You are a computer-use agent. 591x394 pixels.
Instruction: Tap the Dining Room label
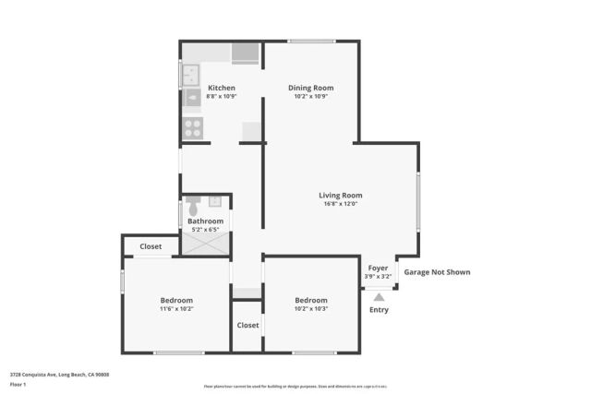click(x=310, y=88)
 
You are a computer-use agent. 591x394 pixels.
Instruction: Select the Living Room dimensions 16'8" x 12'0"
click(x=340, y=204)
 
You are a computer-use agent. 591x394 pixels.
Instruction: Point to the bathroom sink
click(x=215, y=200)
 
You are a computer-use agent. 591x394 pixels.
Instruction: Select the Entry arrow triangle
click(x=379, y=297)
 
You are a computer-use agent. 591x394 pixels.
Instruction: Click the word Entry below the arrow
click(x=379, y=310)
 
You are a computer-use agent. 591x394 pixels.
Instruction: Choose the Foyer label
click(x=379, y=268)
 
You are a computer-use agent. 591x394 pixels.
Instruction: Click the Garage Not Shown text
click(x=437, y=272)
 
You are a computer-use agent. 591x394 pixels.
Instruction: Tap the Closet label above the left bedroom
click(x=151, y=246)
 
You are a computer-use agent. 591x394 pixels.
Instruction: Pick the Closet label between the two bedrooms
click(x=247, y=325)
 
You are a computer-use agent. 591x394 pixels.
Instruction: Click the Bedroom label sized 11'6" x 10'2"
click(x=176, y=301)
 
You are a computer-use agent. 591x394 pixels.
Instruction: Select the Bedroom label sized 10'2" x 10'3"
click(x=311, y=301)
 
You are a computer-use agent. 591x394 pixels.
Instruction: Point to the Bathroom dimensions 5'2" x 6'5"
click(x=205, y=229)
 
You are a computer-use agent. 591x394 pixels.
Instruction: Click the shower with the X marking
click(x=204, y=244)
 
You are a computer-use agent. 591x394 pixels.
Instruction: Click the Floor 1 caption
click(x=18, y=384)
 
